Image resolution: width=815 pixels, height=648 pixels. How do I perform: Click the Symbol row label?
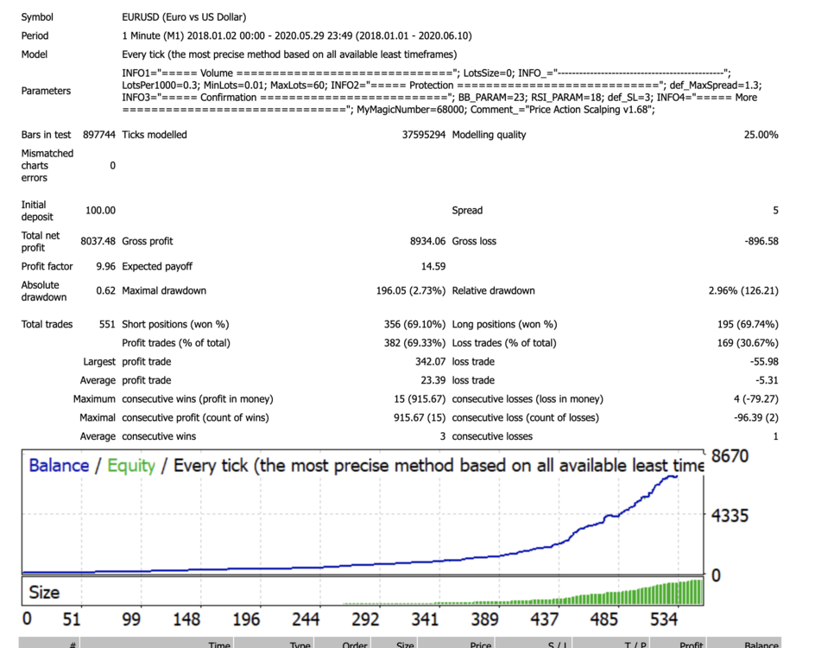coord(37,17)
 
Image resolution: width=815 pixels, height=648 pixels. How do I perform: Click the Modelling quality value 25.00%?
coord(761,135)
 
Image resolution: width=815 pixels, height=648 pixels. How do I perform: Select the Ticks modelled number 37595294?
coord(424,135)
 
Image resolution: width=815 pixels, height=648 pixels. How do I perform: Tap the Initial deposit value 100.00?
coord(100,210)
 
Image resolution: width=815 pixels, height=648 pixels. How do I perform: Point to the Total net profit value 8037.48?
coord(98,241)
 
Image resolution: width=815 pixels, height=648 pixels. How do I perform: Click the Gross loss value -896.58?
coord(761,241)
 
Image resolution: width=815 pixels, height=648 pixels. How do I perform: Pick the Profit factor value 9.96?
coord(105,266)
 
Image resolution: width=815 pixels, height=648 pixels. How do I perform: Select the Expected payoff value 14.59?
coord(433,266)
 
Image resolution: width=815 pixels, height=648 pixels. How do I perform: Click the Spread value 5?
coord(775,210)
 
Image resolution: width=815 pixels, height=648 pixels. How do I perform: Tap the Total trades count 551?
coord(107,324)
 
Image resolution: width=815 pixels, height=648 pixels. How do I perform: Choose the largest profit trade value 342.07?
coord(430,361)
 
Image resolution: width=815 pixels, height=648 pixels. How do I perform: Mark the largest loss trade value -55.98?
coord(764,361)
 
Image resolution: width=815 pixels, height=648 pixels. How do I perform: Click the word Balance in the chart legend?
coord(59,466)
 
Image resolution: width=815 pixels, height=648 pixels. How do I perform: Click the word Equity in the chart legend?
coord(131,466)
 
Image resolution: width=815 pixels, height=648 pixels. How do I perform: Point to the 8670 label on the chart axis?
coord(730,456)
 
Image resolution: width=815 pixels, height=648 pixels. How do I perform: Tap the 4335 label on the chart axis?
coord(730,516)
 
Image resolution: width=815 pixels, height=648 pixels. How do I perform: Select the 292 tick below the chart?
coord(365,619)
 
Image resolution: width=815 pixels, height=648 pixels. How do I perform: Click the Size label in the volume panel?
coord(44,593)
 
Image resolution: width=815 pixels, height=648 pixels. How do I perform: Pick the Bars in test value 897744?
coord(98,135)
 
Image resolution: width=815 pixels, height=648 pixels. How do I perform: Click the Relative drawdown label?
coord(493,290)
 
